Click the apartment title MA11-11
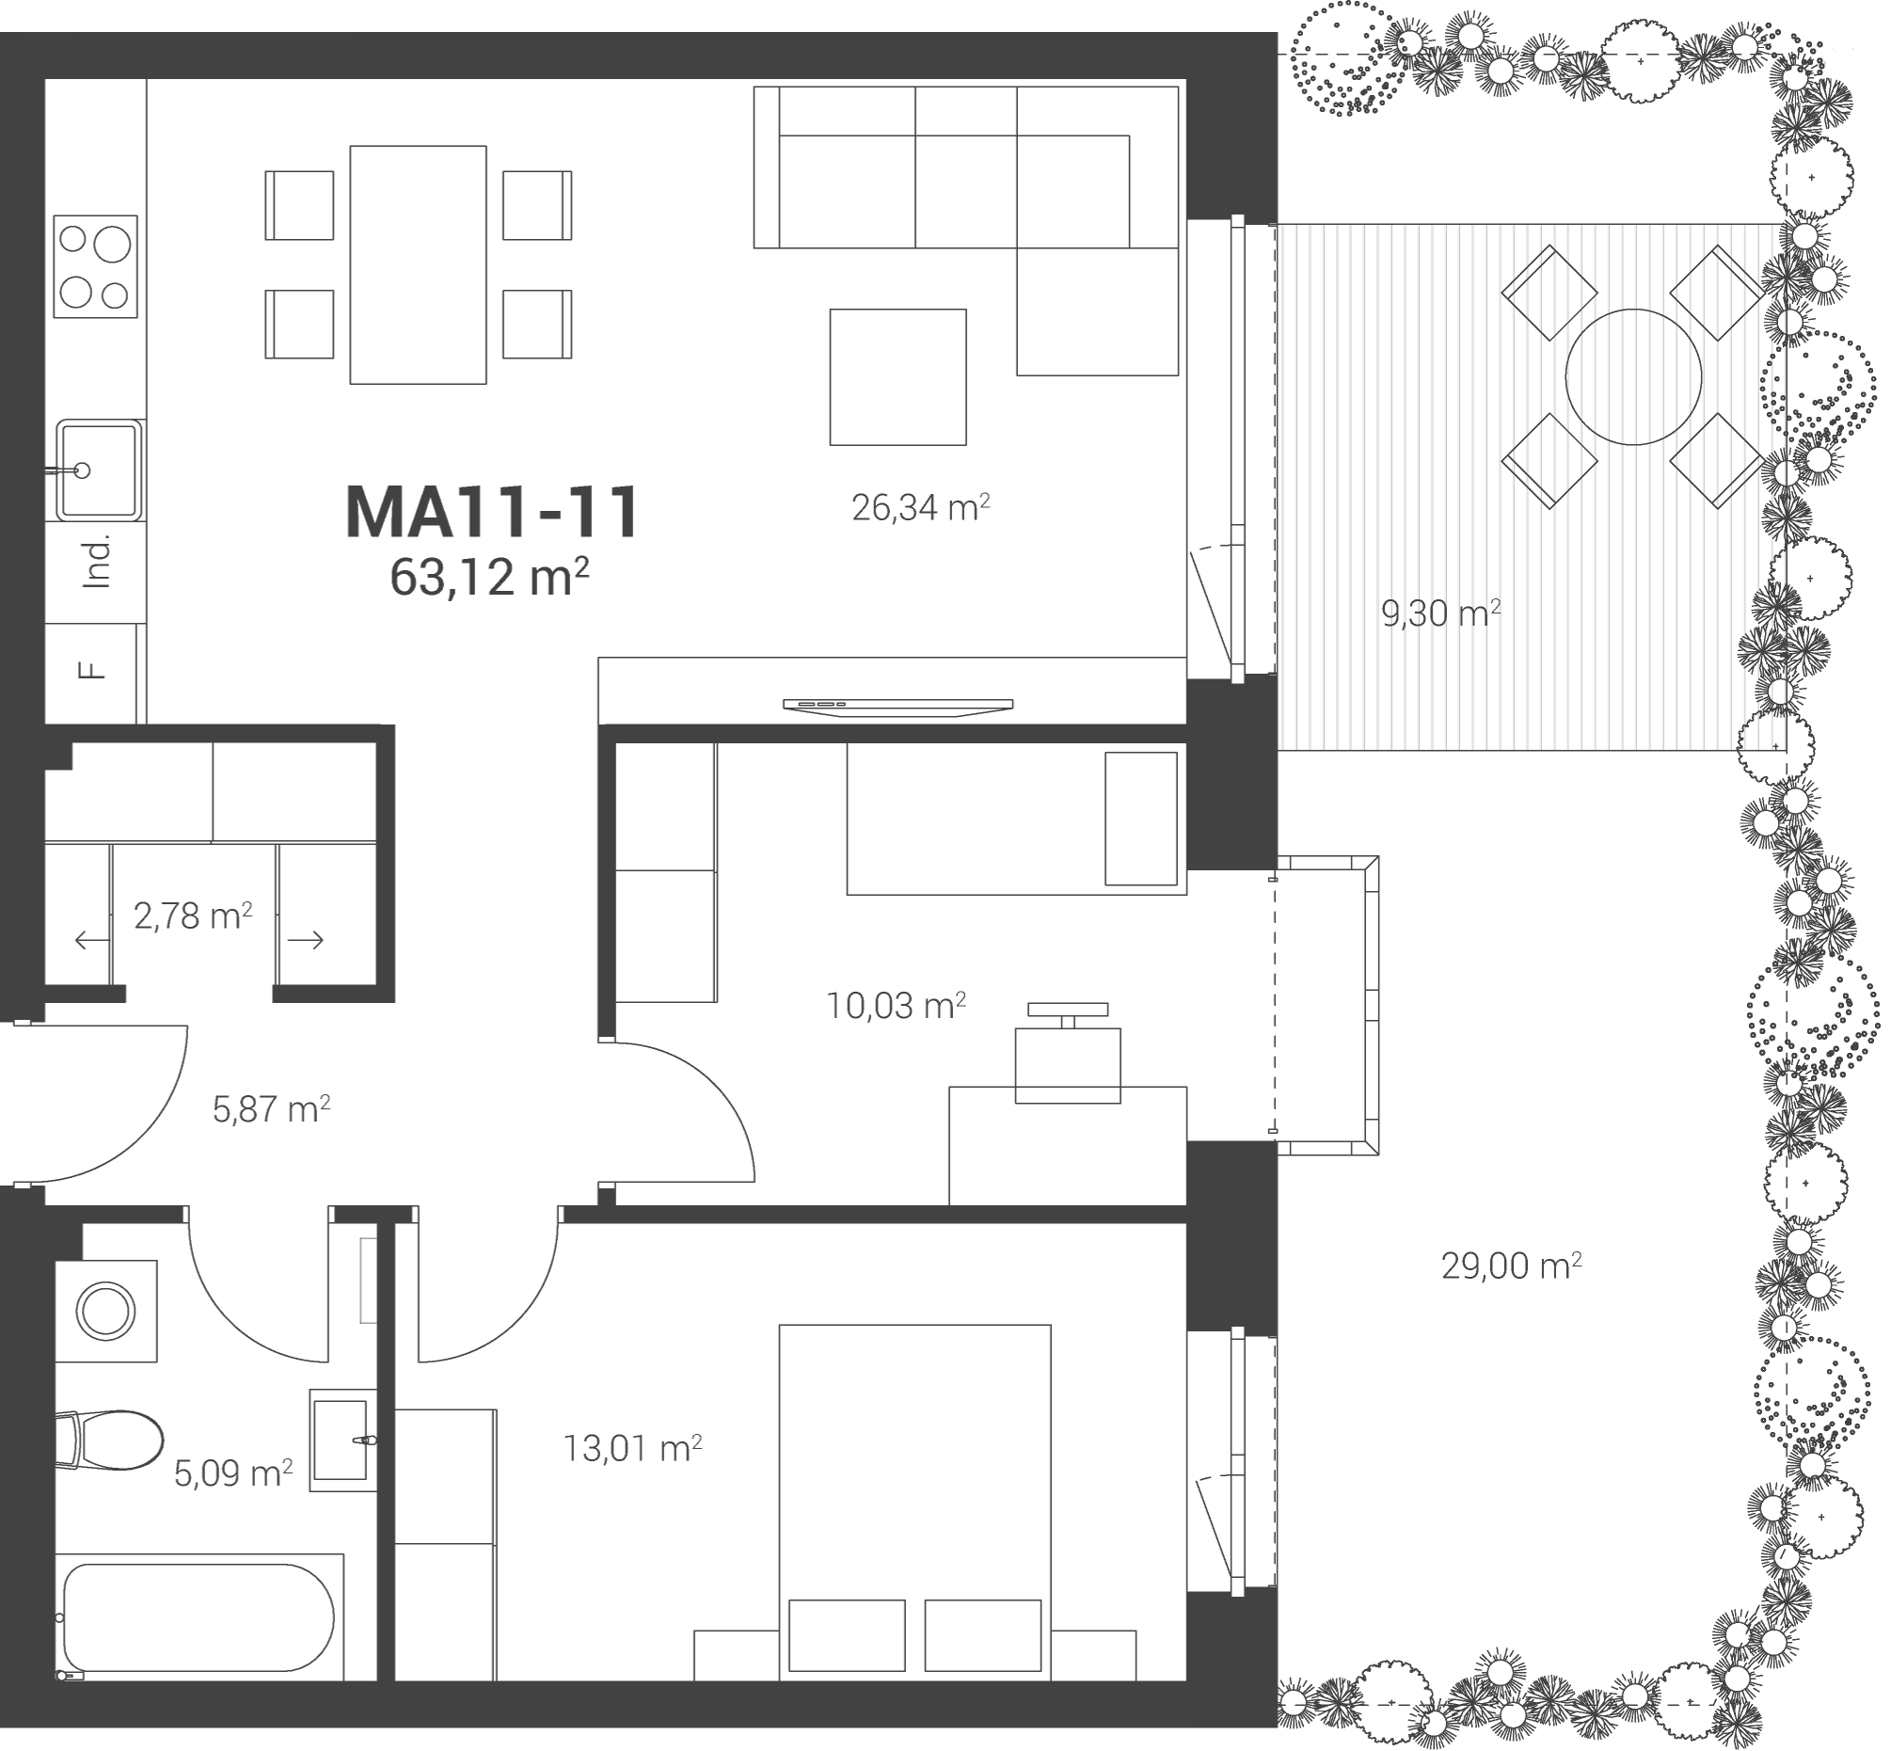[x=492, y=513]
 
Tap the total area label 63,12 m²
[x=490, y=576]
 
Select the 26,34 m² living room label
[x=921, y=508]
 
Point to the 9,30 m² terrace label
[x=1441, y=613]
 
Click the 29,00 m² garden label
[x=1511, y=1265]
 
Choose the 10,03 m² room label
[x=897, y=1005]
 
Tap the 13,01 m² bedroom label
[x=633, y=1448]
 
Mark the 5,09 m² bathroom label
[x=233, y=1473]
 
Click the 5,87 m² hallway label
[x=271, y=1108]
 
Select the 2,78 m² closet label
[x=193, y=916]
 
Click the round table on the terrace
[x=1633, y=376]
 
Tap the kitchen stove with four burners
[x=96, y=266]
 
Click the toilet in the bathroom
[x=109, y=1441]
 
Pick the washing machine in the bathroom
[x=106, y=1312]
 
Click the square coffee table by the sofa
[x=898, y=377]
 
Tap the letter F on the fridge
[x=91, y=671]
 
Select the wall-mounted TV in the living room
[x=898, y=706]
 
